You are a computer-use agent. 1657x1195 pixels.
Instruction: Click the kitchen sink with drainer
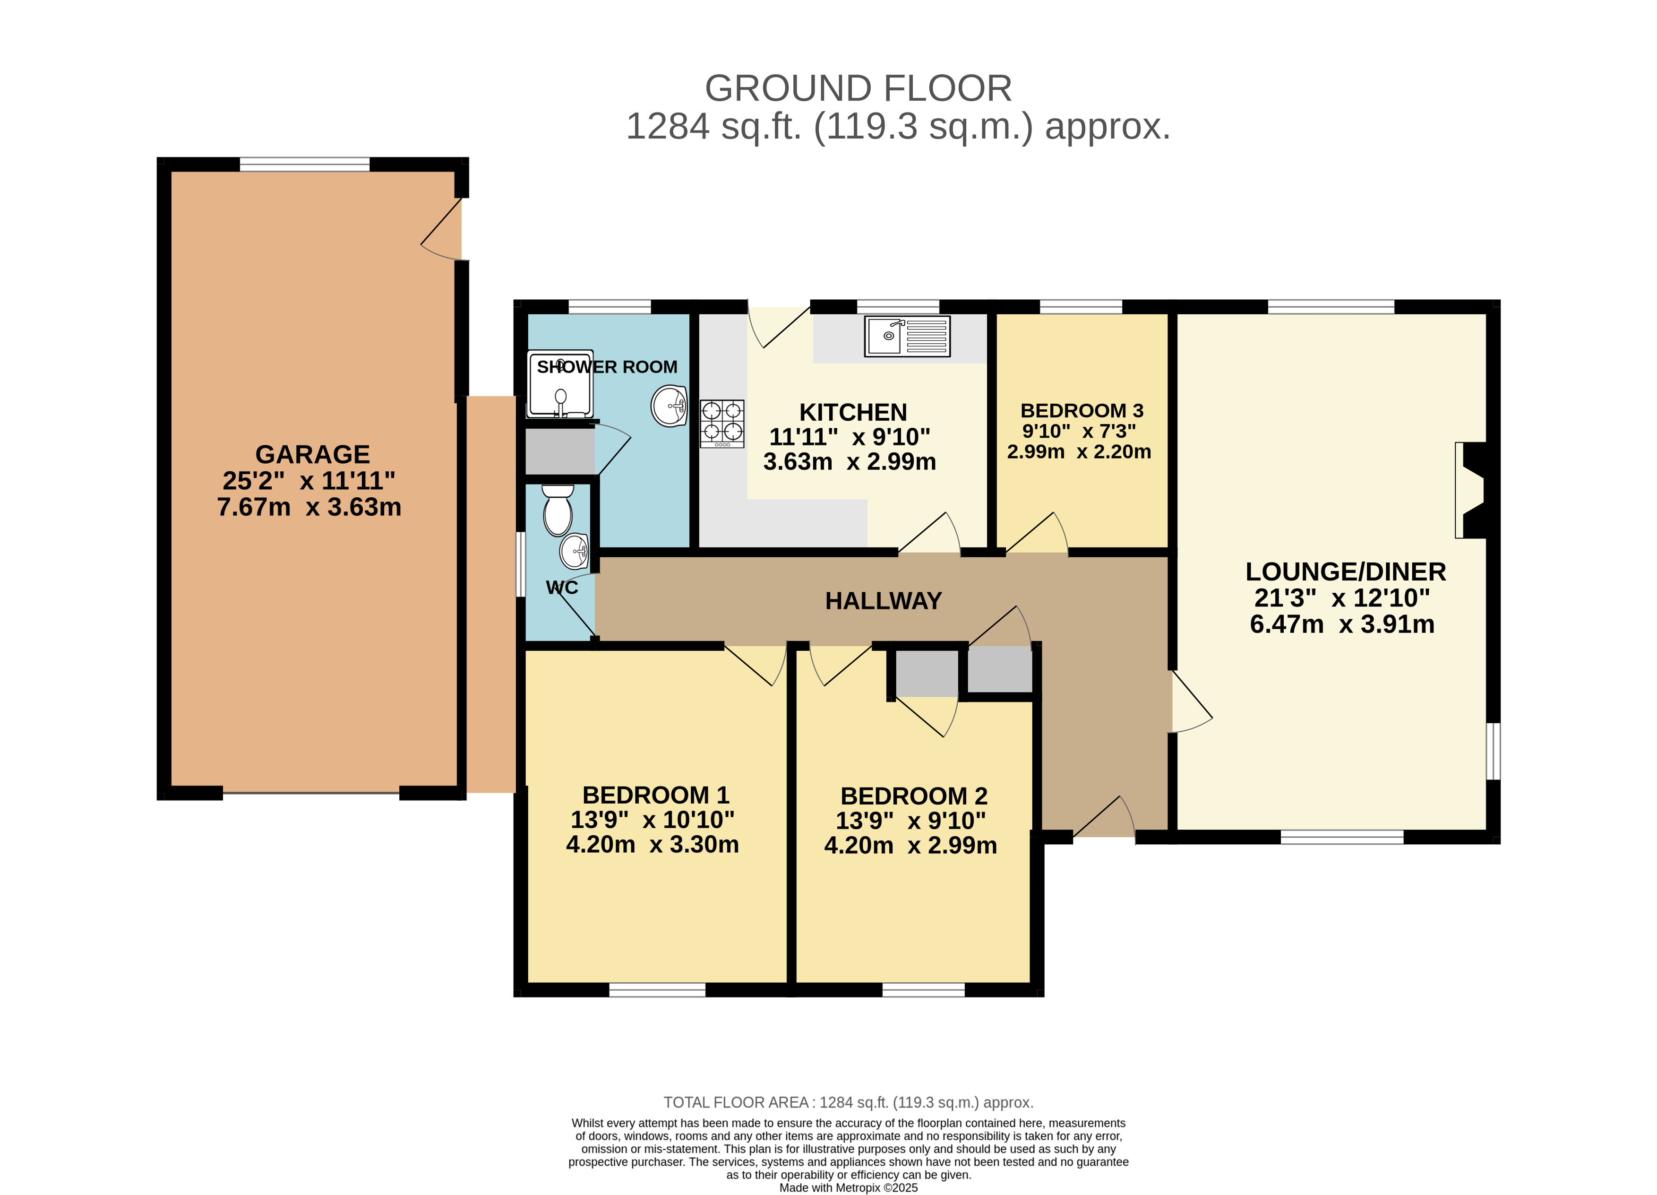click(907, 336)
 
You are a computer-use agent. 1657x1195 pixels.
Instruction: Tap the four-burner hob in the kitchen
click(722, 424)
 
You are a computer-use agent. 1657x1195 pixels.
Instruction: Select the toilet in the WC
click(558, 510)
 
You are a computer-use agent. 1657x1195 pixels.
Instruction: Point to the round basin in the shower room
click(669, 405)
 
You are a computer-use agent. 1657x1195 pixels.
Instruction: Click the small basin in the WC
click(574, 551)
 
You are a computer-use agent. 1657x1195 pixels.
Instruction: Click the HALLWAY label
click(883, 601)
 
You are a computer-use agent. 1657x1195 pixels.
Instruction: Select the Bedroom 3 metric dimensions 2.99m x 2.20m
click(1079, 452)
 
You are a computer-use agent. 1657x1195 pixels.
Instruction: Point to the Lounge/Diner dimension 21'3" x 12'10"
click(1342, 598)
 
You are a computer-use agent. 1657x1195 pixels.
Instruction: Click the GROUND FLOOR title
click(859, 88)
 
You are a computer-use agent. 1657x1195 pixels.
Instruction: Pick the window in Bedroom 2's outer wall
click(924, 990)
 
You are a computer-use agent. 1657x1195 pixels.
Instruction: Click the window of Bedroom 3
click(1081, 306)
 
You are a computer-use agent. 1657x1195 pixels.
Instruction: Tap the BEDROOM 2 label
click(914, 796)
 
